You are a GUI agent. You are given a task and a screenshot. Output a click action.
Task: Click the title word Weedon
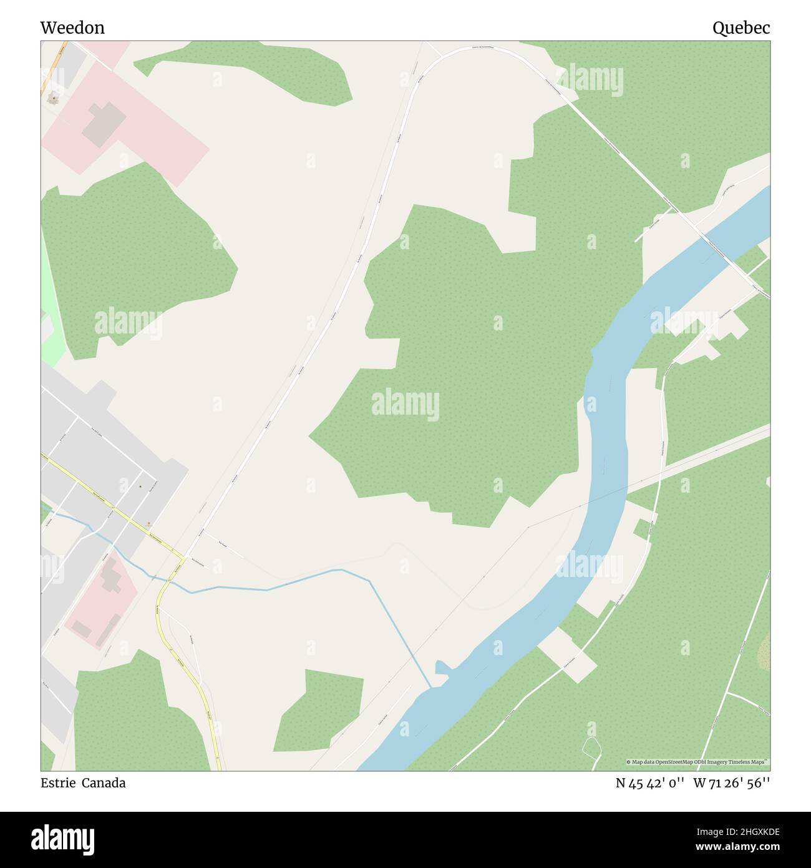(72, 27)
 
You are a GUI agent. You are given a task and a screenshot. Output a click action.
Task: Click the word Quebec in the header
(741, 27)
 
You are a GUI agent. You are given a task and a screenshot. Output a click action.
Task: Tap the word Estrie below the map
(58, 783)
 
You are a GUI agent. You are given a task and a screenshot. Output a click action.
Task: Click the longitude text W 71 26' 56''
(731, 783)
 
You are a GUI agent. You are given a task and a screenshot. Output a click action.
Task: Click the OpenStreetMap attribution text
(697, 762)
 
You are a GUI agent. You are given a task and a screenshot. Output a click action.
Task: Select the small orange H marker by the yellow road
(148, 523)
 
